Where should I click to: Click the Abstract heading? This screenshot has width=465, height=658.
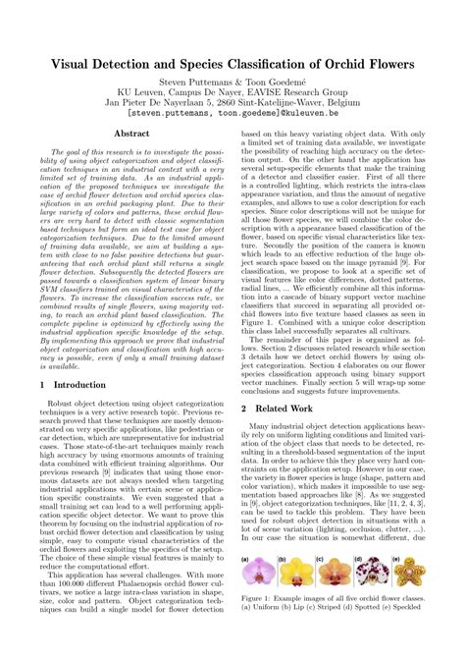pos(131,132)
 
